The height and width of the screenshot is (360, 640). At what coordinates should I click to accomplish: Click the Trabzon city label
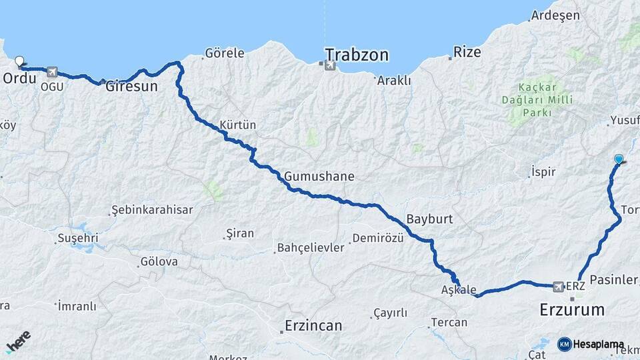[357, 55]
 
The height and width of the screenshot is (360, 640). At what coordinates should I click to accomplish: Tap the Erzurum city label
[572, 309]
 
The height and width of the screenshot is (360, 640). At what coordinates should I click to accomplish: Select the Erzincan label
[313, 326]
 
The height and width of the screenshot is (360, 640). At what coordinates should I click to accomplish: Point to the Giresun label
[132, 87]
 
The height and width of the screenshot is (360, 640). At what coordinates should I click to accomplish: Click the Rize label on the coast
[467, 52]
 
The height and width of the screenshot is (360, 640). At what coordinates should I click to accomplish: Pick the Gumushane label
[319, 177]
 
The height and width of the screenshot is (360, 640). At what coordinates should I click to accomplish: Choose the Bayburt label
[429, 219]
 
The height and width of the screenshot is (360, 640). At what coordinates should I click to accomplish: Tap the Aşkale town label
[459, 290]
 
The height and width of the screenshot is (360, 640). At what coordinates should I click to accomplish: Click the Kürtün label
[237, 125]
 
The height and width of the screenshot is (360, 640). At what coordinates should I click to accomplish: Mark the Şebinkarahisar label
[152, 210]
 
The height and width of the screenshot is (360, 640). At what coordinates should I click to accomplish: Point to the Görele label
[225, 53]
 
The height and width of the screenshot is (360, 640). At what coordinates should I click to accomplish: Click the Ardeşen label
[556, 16]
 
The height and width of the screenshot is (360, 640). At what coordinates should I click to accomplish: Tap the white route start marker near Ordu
[19, 61]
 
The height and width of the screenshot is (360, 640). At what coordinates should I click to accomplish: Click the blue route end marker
[619, 159]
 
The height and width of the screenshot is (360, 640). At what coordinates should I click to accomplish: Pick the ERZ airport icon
[559, 286]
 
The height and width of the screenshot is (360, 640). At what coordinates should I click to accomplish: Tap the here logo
[18, 342]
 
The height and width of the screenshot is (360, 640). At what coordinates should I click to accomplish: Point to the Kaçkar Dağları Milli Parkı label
[535, 99]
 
